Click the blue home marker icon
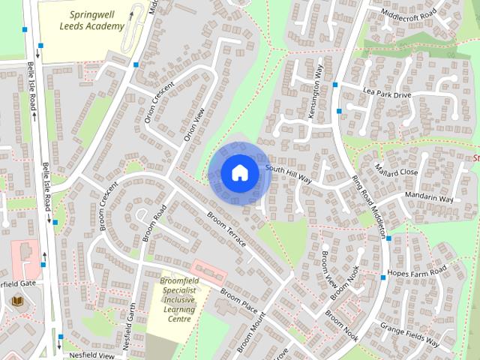point(239,173)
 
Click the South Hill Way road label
point(288,175)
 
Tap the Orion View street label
point(194,124)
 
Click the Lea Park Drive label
point(388,94)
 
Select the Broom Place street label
point(238,298)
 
